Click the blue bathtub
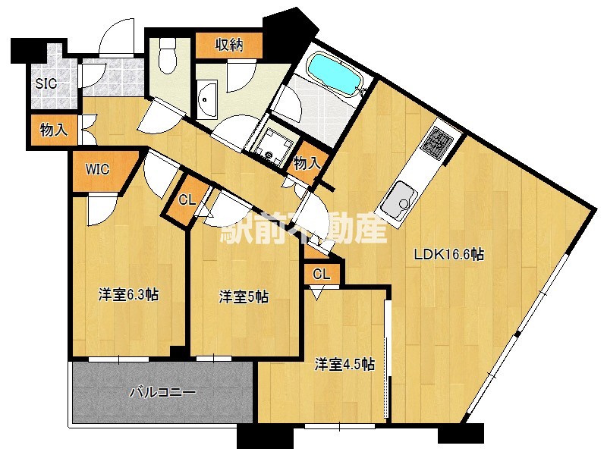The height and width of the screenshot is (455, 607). click(335, 72)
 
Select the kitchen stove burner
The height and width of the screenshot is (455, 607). click(439, 142)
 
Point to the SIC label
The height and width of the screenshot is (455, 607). click(46, 83)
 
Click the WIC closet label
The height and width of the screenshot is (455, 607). click(98, 170)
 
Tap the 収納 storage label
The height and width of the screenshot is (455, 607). click(228, 45)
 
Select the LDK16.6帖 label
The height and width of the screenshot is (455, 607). click(448, 256)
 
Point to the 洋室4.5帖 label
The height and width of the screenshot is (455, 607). click(345, 365)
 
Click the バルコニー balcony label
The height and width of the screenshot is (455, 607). click(163, 392)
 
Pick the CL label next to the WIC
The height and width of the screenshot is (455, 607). click(186, 200)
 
